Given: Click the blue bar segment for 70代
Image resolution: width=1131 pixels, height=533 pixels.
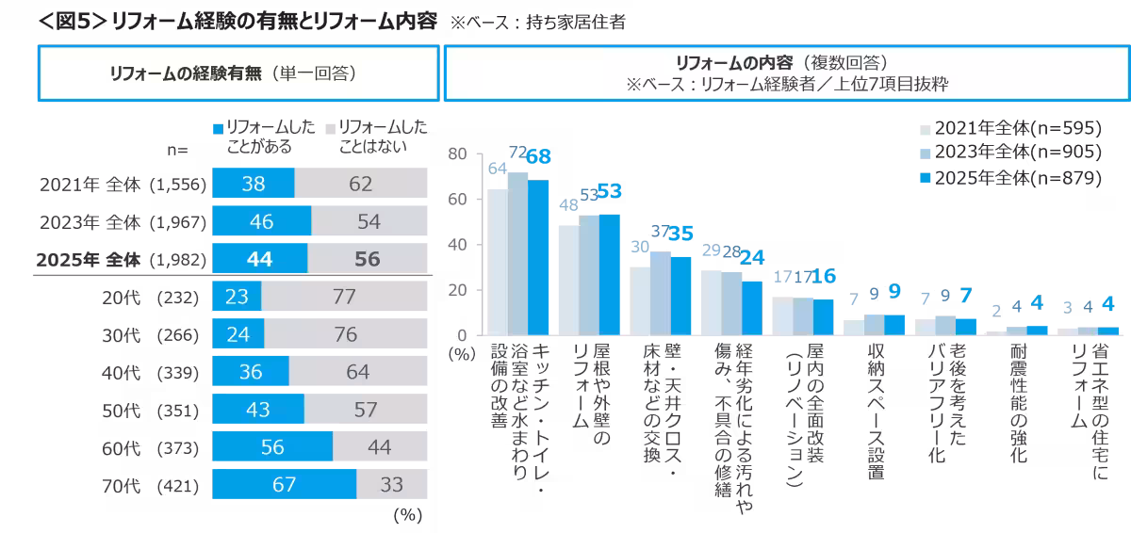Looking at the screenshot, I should pyautogui.click(x=284, y=485).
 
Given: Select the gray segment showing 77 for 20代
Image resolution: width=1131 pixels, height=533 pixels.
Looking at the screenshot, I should pyautogui.click(x=344, y=297).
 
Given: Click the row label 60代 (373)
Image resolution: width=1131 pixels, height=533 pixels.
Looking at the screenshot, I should pyautogui.click(x=151, y=448).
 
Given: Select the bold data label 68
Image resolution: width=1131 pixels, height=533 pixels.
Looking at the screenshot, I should pyautogui.click(x=538, y=157).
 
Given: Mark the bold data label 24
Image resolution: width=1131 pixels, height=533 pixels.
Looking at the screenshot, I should pyautogui.click(x=751, y=257).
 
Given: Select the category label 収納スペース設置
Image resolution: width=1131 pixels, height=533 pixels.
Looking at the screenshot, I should pyautogui.click(x=877, y=414).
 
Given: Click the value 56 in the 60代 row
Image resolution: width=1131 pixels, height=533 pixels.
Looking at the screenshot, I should pyautogui.click(x=272, y=448).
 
